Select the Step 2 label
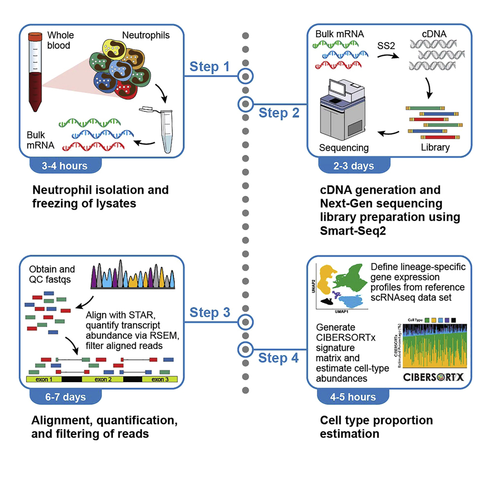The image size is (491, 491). tap(279, 112)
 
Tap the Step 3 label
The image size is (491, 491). tap(210, 312)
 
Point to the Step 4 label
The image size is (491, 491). tap(279, 358)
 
